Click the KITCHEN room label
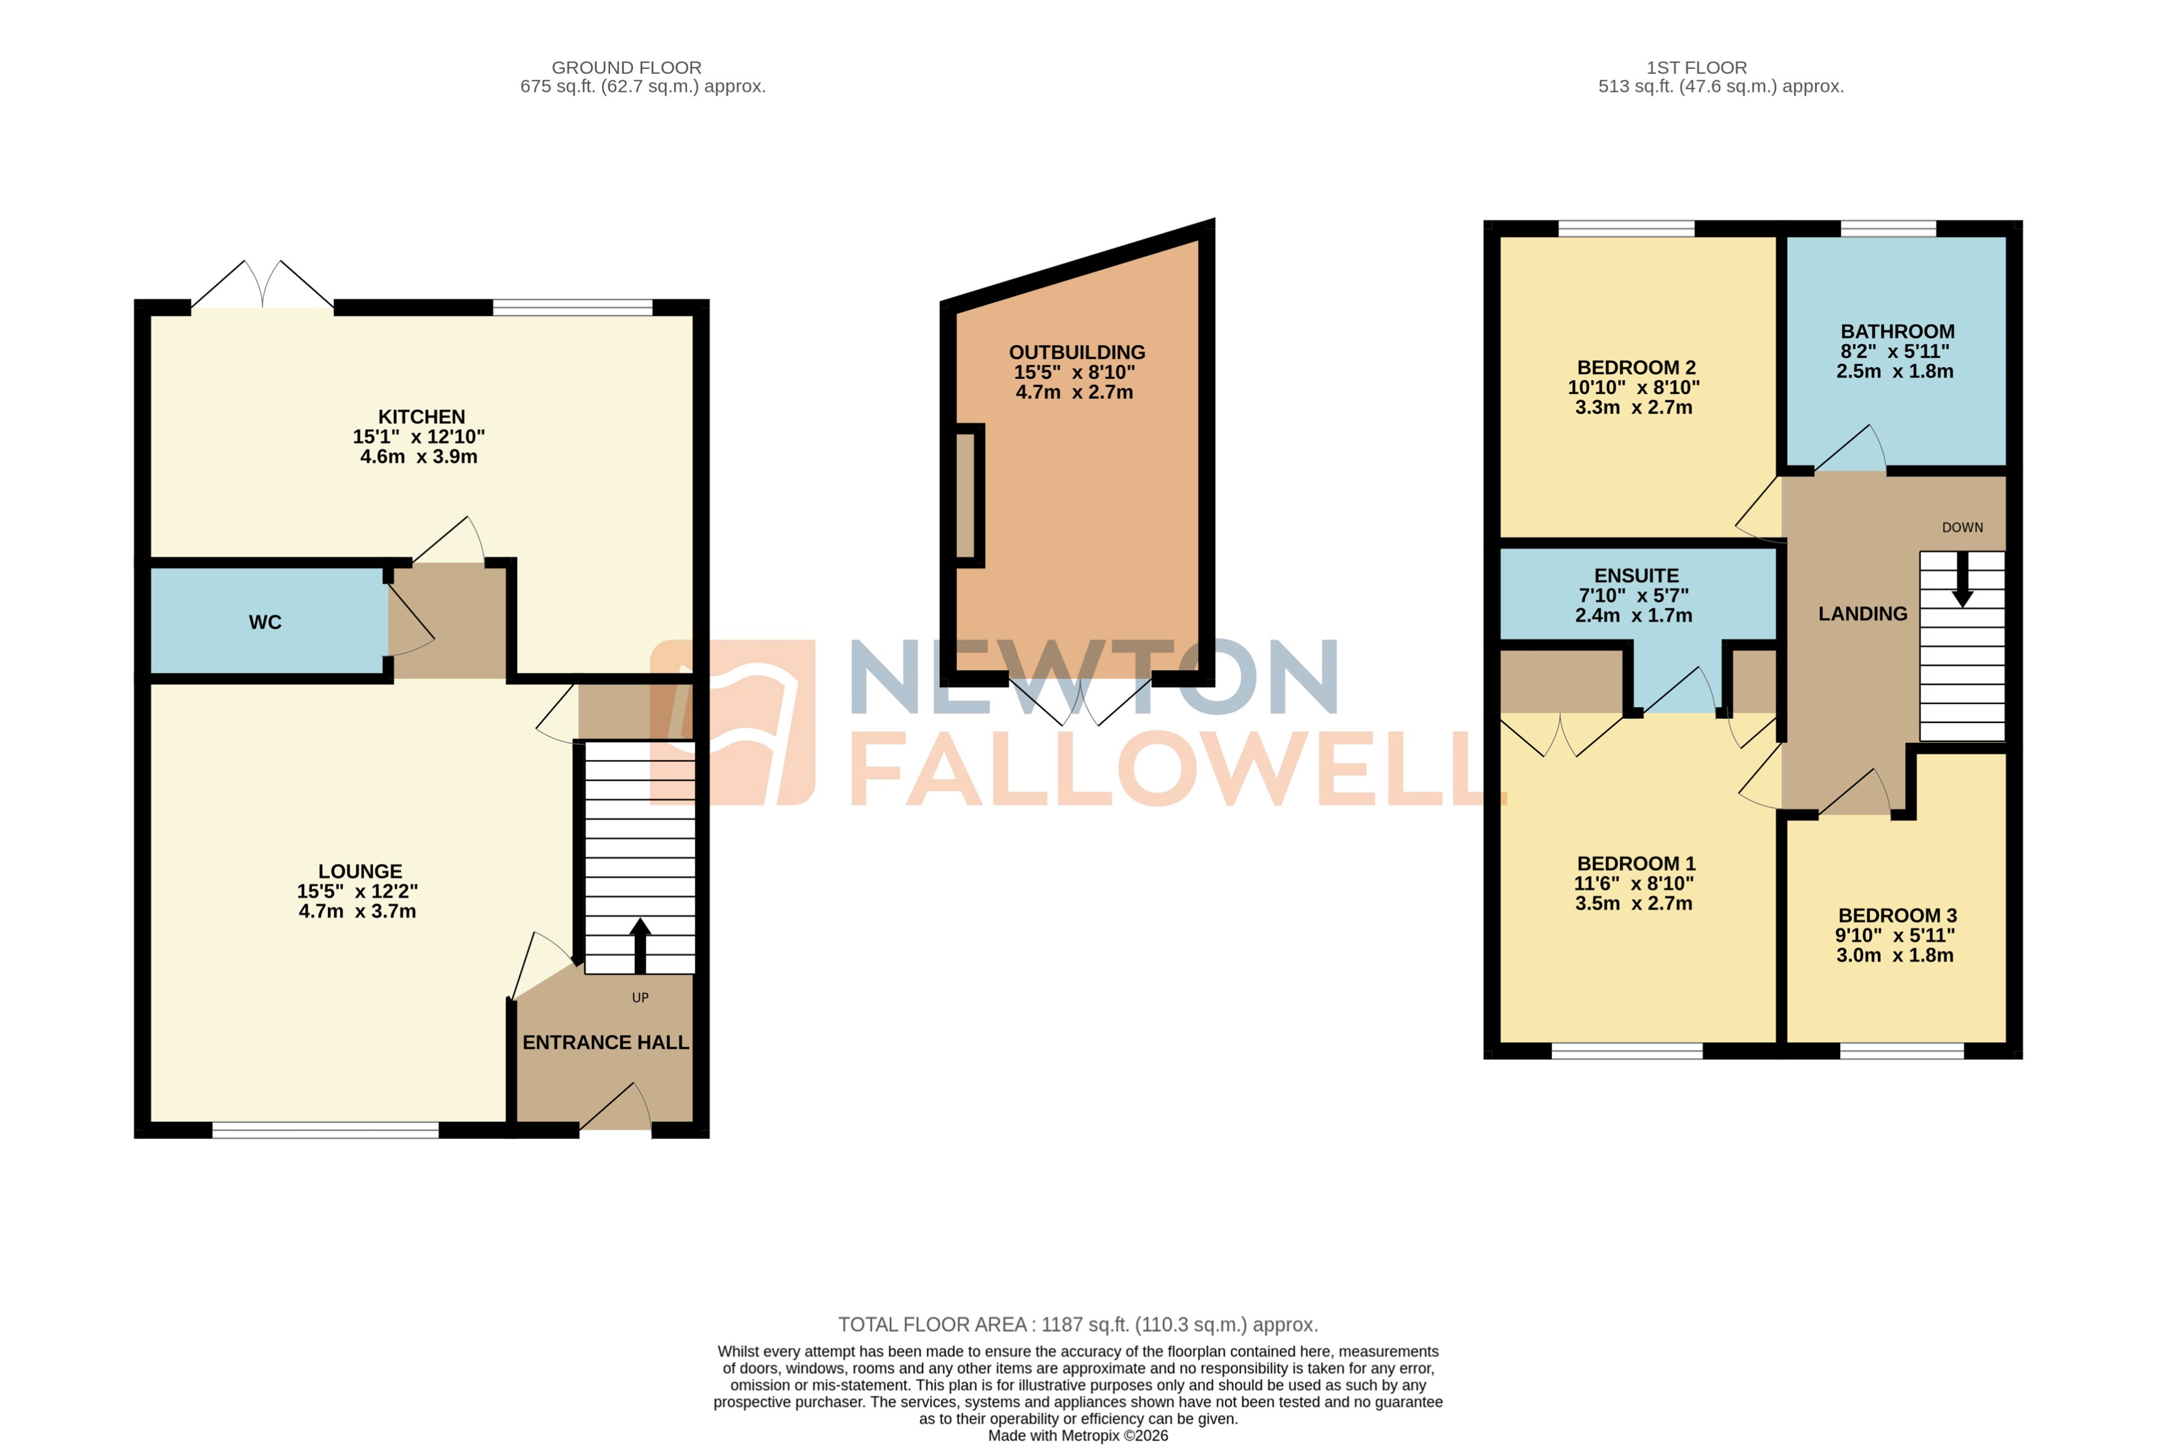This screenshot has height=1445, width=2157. (422, 416)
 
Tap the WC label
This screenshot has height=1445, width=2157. (264, 622)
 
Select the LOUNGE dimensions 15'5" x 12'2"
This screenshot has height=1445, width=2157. (357, 891)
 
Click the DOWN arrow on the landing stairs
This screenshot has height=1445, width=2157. (1962, 581)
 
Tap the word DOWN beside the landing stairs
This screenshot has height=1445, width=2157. (1962, 527)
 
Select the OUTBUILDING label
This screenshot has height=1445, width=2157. (1077, 352)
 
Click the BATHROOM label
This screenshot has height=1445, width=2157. (1897, 331)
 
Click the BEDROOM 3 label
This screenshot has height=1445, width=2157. (1897, 915)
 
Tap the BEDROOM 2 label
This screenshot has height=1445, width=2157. (1636, 366)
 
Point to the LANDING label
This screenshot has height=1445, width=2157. (1862, 613)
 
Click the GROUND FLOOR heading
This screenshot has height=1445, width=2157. (626, 67)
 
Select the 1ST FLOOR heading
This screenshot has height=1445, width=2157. (1696, 67)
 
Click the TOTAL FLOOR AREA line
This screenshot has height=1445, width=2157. (1078, 1324)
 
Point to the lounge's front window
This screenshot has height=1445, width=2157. (325, 1130)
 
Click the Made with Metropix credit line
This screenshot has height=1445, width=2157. (1078, 1435)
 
